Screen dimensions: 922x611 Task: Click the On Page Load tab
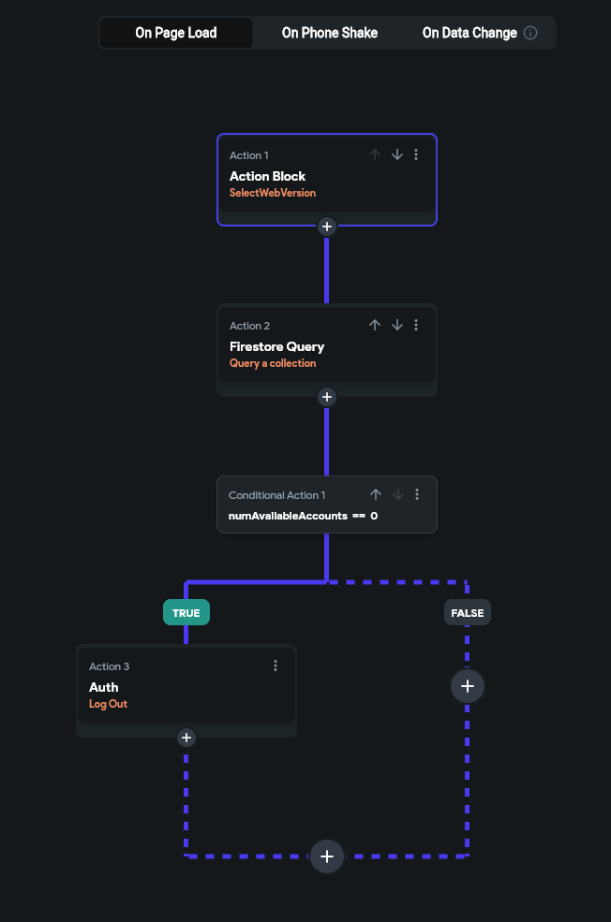(176, 33)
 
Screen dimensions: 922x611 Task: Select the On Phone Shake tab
(330, 33)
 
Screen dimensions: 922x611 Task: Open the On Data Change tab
(469, 33)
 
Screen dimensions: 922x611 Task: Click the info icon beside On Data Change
(530, 33)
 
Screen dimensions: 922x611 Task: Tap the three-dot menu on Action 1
(417, 154)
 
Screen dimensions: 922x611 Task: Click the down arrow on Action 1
(397, 154)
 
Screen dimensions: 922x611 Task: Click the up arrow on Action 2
(375, 325)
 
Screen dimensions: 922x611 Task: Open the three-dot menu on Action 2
(417, 325)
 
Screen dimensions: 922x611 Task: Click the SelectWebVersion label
(273, 193)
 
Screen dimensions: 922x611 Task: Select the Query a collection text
(273, 363)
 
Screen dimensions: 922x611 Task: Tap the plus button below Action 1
(326, 227)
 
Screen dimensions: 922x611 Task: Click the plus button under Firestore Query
(326, 397)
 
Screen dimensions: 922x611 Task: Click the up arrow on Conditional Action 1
(376, 494)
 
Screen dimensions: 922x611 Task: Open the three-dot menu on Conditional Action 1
(417, 494)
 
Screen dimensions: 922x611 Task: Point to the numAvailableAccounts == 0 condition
(303, 516)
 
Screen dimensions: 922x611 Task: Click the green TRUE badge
(186, 613)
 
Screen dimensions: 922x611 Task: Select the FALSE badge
(468, 613)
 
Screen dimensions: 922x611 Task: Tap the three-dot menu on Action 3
(276, 666)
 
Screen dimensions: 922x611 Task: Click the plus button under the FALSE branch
(468, 686)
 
